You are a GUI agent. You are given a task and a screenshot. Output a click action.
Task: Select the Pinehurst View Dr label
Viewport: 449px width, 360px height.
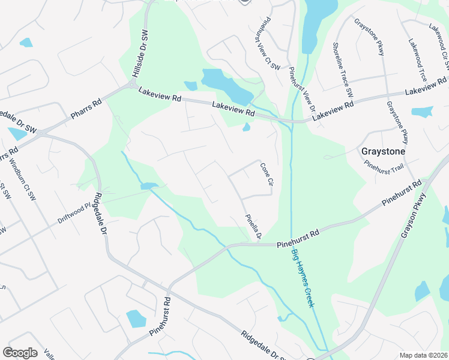click(x=302, y=90)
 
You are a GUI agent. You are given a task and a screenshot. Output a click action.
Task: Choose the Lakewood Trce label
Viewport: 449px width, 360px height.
click(x=418, y=61)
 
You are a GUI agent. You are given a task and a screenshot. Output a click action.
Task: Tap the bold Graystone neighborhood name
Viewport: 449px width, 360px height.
click(x=382, y=152)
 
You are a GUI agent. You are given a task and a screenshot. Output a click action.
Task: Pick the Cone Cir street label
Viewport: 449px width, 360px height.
click(x=266, y=173)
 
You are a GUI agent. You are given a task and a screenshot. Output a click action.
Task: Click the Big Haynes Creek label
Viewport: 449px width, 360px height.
click(x=303, y=279)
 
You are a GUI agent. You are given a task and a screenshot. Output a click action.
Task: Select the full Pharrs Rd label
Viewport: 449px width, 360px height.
click(x=87, y=109)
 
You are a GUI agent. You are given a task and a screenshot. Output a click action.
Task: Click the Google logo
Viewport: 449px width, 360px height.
click(x=20, y=353)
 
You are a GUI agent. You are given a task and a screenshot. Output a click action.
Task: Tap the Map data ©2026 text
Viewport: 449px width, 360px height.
click(x=423, y=355)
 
